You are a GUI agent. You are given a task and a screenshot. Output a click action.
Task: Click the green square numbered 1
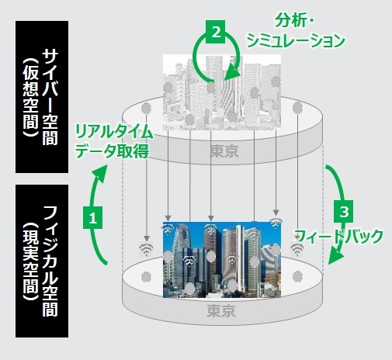pyautogui.click(x=92, y=217)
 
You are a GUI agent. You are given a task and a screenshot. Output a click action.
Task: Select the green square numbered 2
pyautogui.click(x=215, y=32)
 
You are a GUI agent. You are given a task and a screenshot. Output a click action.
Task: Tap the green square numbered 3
pyautogui.click(x=344, y=211)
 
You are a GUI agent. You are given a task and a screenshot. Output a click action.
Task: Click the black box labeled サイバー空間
pyautogui.click(x=42, y=97)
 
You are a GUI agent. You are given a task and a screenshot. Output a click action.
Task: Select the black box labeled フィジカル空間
pyautogui.click(x=42, y=261)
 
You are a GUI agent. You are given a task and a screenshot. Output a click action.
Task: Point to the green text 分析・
pyautogui.click(x=293, y=20)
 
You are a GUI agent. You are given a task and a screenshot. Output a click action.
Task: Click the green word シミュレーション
pyautogui.click(x=296, y=41)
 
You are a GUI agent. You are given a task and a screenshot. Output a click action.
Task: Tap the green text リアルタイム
pyautogui.click(x=114, y=132)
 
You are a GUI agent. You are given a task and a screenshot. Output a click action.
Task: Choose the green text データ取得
pyautogui.click(x=113, y=151)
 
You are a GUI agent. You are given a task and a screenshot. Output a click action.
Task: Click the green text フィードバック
pyautogui.click(x=339, y=236)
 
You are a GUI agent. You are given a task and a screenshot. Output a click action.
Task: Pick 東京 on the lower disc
pyautogui.click(x=221, y=310)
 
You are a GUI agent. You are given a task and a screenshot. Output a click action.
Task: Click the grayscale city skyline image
pyautogui.click(x=222, y=92)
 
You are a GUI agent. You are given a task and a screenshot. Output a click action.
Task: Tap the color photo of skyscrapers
pyautogui.click(x=222, y=260)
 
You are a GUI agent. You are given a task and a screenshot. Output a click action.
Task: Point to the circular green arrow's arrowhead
pyautogui.click(x=232, y=74)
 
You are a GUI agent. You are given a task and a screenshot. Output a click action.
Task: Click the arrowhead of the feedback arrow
pyautogui.click(x=335, y=257)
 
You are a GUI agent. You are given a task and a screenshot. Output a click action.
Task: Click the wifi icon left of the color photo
pyautogui.click(x=146, y=250)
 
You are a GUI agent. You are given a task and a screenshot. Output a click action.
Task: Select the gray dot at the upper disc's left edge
pyautogui.click(x=146, y=108)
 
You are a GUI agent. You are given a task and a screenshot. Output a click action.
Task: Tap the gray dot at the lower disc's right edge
pyautogui.click(x=297, y=276)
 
